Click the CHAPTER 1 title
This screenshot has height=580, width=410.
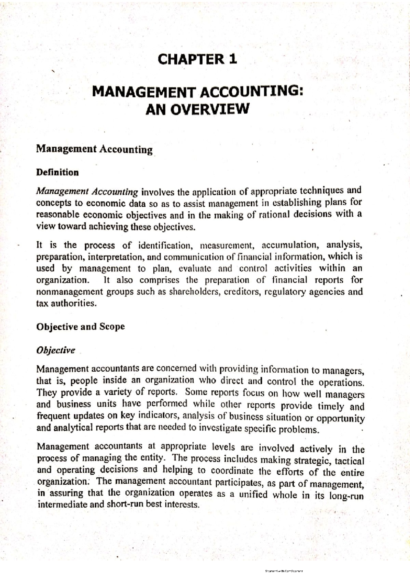pos(197,59)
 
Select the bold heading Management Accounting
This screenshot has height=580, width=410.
pos(94,149)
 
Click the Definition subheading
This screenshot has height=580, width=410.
pos(57,172)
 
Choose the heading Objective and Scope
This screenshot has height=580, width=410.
pos(80,327)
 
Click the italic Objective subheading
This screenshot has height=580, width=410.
pos(55,350)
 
